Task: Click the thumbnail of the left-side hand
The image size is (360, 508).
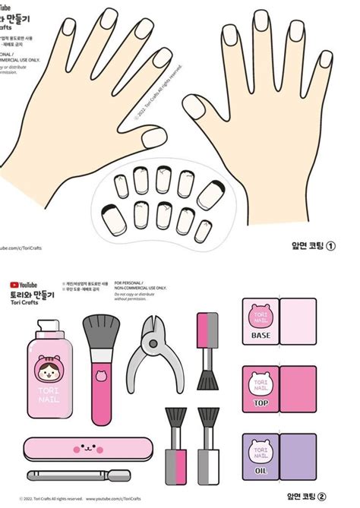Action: click(156, 137)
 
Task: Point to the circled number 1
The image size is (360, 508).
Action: click(331, 246)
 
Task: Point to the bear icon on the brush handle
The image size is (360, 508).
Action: click(101, 375)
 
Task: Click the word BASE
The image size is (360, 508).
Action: click(261, 335)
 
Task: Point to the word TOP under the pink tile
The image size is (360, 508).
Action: click(261, 402)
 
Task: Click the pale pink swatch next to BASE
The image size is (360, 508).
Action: click(298, 322)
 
